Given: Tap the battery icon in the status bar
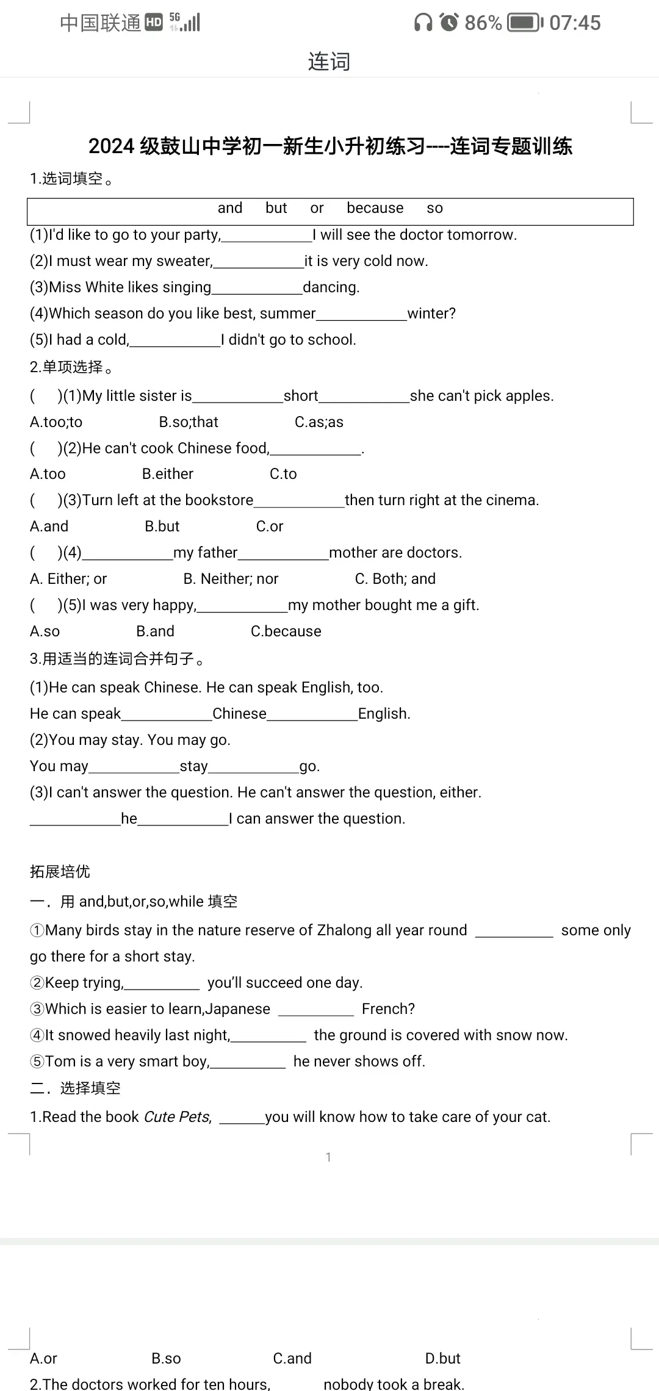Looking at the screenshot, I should [525, 23].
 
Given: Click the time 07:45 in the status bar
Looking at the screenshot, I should [575, 23].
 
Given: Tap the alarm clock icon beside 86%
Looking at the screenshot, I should [449, 23].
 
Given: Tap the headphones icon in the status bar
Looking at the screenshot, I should [423, 23].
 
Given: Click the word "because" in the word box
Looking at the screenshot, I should [375, 208].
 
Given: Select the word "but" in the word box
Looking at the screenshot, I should [276, 208].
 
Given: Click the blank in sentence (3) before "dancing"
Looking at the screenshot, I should [257, 288].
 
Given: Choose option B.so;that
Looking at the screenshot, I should [189, 422].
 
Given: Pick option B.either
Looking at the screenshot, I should [168, 474].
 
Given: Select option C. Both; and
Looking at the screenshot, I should [395, 579].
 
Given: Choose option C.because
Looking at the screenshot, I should [286, 631].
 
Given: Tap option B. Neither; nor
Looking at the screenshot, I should [231, 579].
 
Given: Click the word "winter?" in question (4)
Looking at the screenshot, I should [431, 314].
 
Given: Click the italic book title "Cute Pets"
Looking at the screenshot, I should [177, 1117].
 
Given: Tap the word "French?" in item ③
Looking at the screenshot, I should [388, 1009].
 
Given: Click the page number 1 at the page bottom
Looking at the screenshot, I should [328, 1157].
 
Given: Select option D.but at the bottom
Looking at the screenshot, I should [442, 1359].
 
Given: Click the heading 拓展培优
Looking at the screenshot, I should [60, 872].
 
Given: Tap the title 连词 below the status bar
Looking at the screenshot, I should [329, 62].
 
